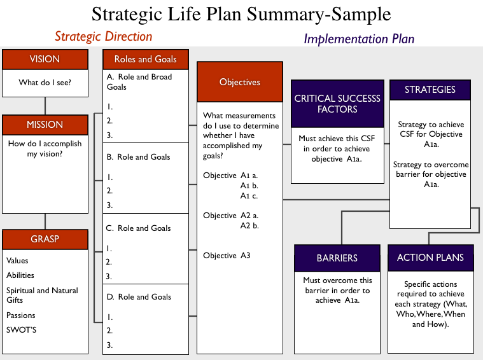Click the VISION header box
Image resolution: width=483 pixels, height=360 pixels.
pos(45,59)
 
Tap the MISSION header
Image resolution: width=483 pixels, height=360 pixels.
pos(45,125)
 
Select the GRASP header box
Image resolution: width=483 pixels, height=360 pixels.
pos(45,239)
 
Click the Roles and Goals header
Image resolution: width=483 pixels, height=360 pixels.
pos(146,59)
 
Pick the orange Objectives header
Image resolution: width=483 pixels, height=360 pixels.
pos(240,82)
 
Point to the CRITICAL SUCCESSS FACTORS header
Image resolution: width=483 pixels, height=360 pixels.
pos(338,104)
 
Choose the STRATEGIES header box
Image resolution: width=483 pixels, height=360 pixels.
pos(430,90)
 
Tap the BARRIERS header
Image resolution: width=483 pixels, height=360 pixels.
pos(337,258)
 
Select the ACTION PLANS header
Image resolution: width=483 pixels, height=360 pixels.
pos(431,258)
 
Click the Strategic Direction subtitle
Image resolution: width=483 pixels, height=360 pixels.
pos(104,37)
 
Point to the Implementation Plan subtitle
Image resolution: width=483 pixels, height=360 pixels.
pos(359,39)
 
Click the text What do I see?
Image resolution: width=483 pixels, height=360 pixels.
pos(45,83)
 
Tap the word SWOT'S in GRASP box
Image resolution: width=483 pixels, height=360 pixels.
pos(21,330)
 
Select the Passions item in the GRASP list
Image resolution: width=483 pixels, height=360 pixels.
pos(20,315)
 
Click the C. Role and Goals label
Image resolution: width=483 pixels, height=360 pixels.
pos(138,228)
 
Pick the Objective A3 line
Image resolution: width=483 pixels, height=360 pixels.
pos(227,256)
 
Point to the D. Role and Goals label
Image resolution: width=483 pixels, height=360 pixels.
pos(139,297)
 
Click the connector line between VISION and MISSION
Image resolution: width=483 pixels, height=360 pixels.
pos(45,106)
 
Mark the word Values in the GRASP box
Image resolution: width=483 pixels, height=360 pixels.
pos(17,261)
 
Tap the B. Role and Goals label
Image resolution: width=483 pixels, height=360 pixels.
pos(138,157)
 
